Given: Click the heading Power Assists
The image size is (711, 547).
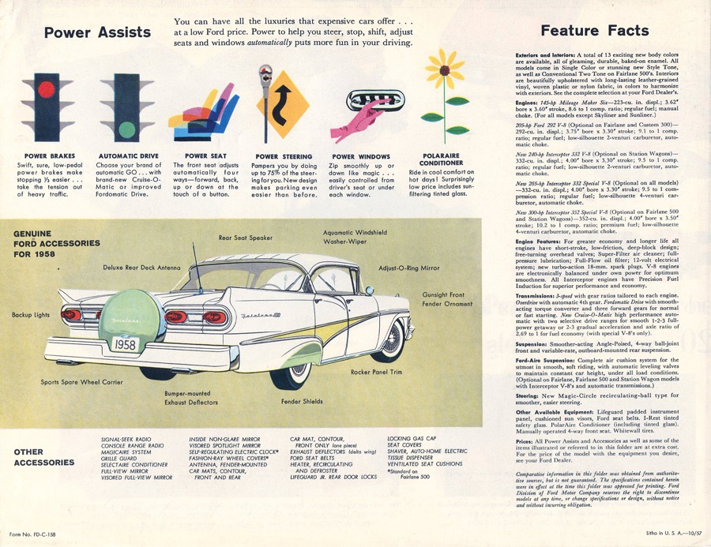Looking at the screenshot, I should (x=97, y=32).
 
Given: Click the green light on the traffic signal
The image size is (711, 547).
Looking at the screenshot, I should (x=126, y=129).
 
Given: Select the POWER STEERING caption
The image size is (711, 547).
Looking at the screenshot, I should (x=284, y=156).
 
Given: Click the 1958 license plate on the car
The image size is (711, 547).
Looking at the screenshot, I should (x=124, y=345).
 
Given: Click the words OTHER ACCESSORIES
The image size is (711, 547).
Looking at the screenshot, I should (x=39, y=457).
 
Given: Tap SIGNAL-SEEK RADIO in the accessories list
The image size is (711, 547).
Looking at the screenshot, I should (x=126, y=438).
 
